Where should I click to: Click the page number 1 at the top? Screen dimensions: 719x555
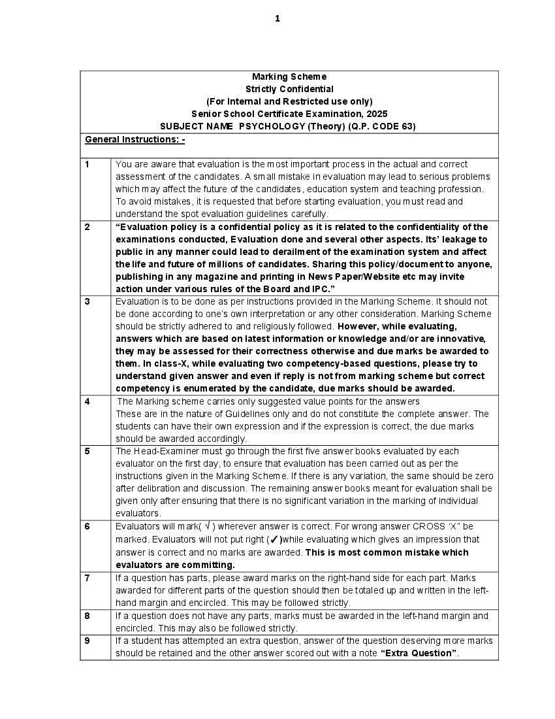(277, 18)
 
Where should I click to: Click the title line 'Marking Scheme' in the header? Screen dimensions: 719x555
(289, 76)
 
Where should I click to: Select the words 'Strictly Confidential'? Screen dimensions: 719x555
(289, 89)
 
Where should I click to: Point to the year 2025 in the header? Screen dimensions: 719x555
(377, 114)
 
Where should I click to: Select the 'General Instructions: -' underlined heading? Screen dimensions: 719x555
(135, 139)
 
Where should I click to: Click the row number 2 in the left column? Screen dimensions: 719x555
(87, 227)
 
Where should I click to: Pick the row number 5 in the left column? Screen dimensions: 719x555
(87, 451)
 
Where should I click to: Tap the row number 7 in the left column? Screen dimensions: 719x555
(87, 578)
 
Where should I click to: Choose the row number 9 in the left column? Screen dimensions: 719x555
(87, 641)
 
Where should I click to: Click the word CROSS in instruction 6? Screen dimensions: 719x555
(428, 526)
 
